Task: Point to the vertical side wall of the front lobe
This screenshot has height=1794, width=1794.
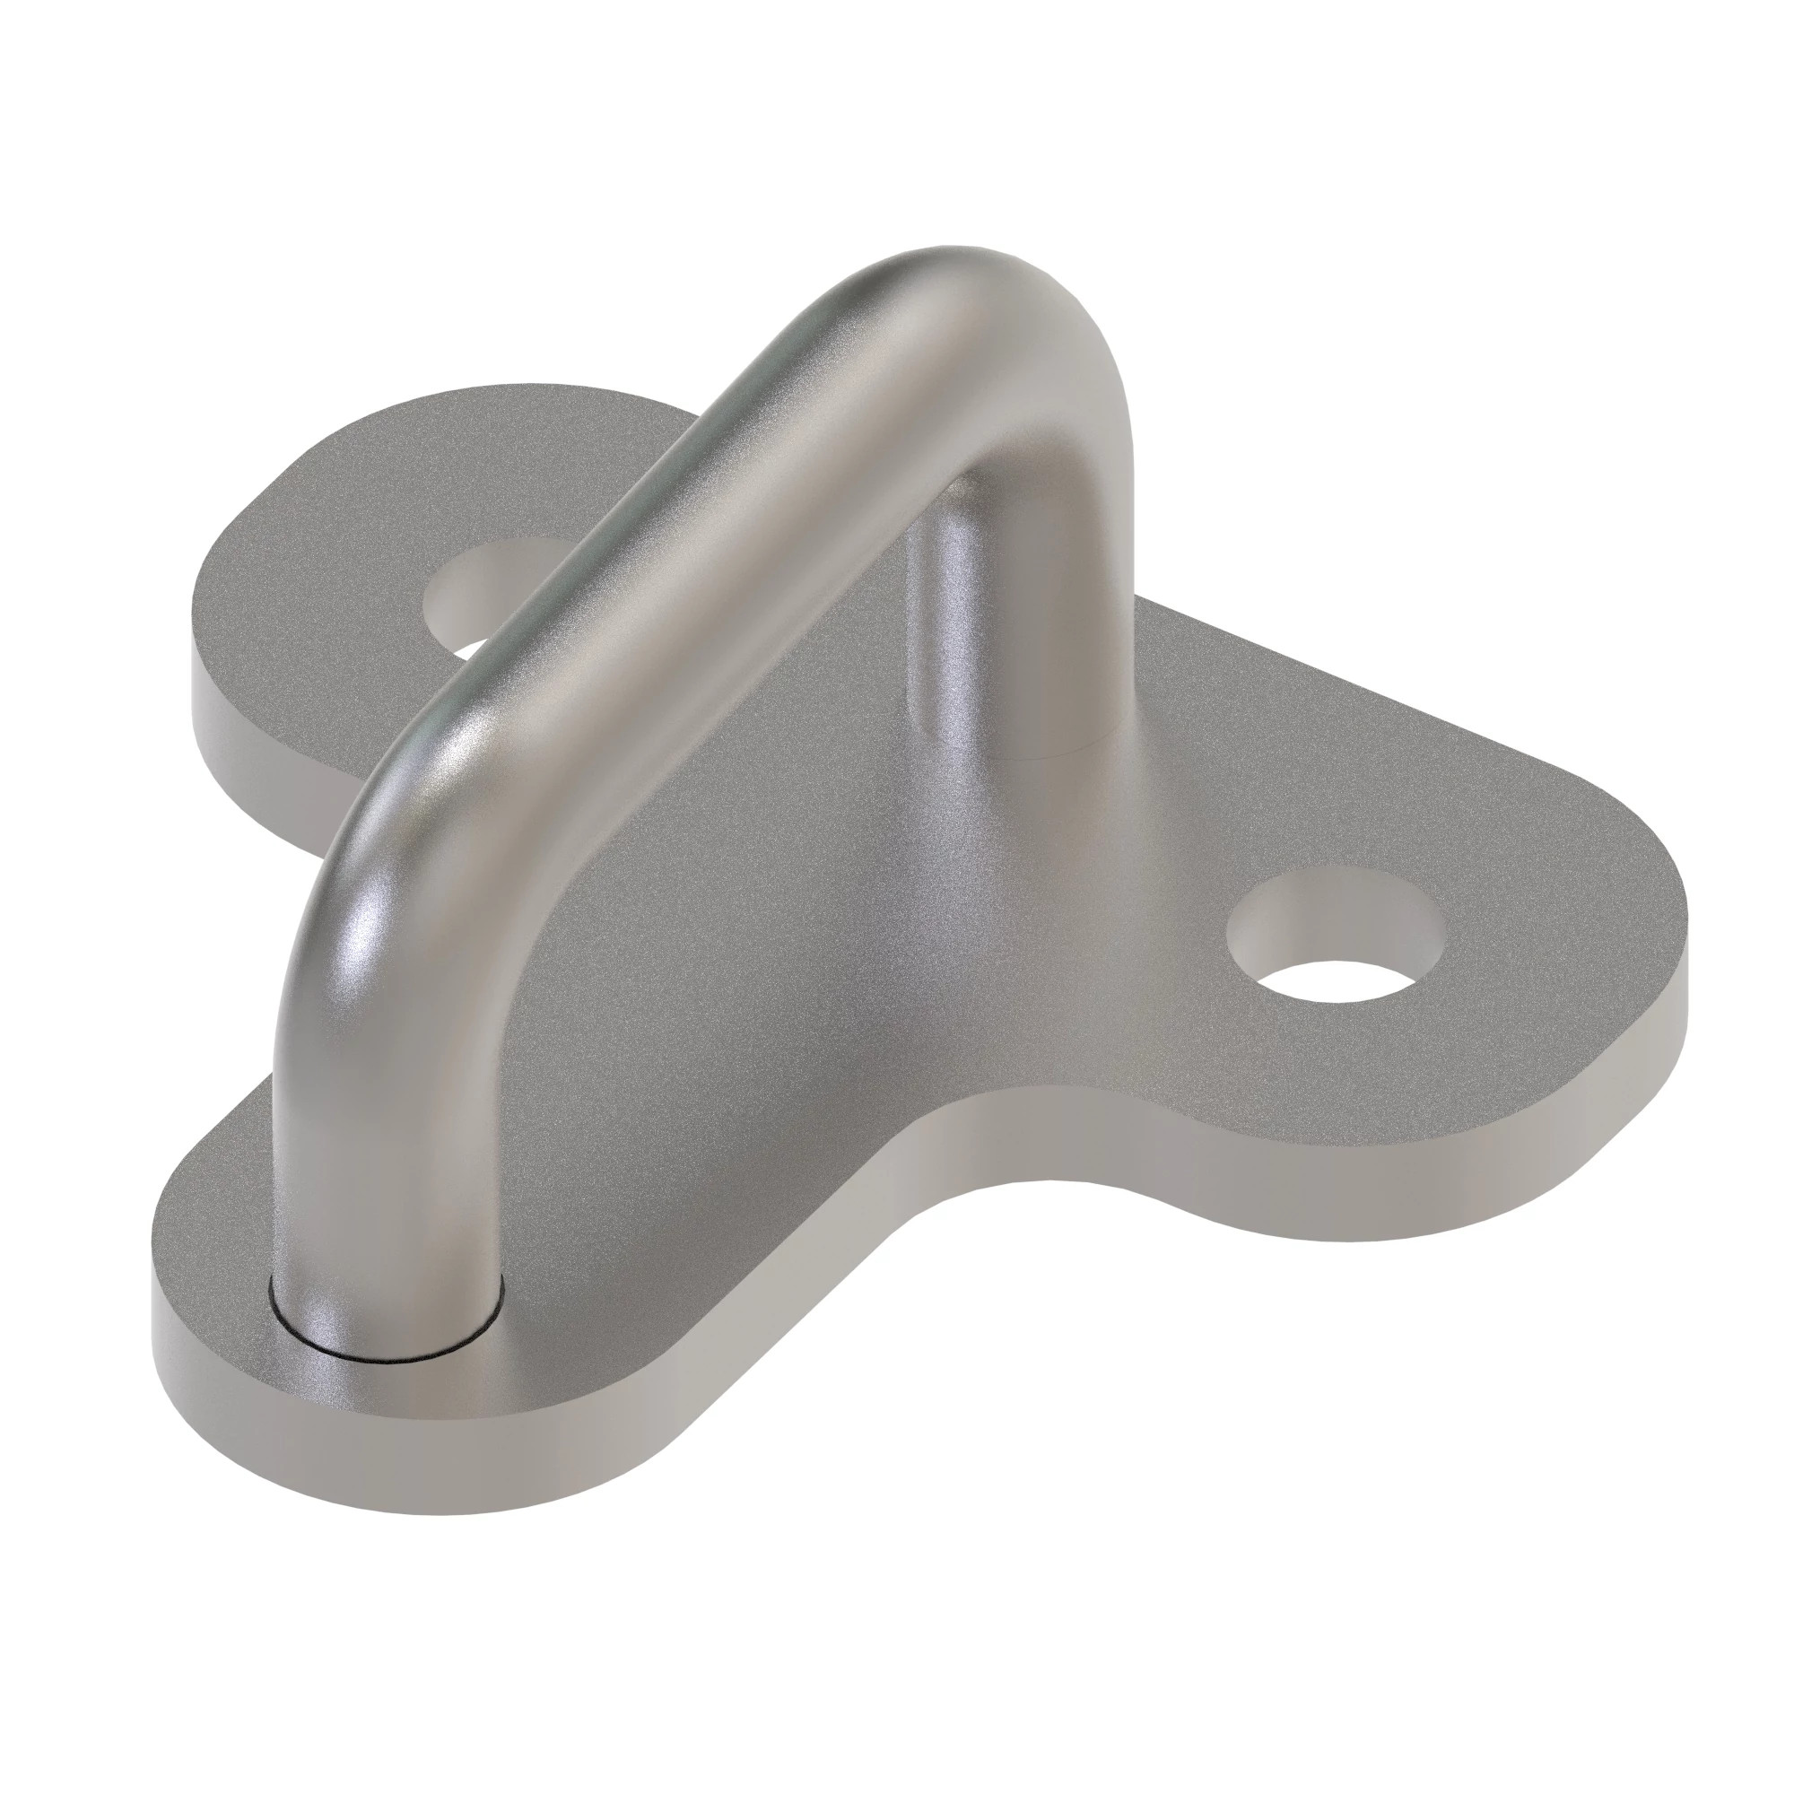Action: point(418,1449)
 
